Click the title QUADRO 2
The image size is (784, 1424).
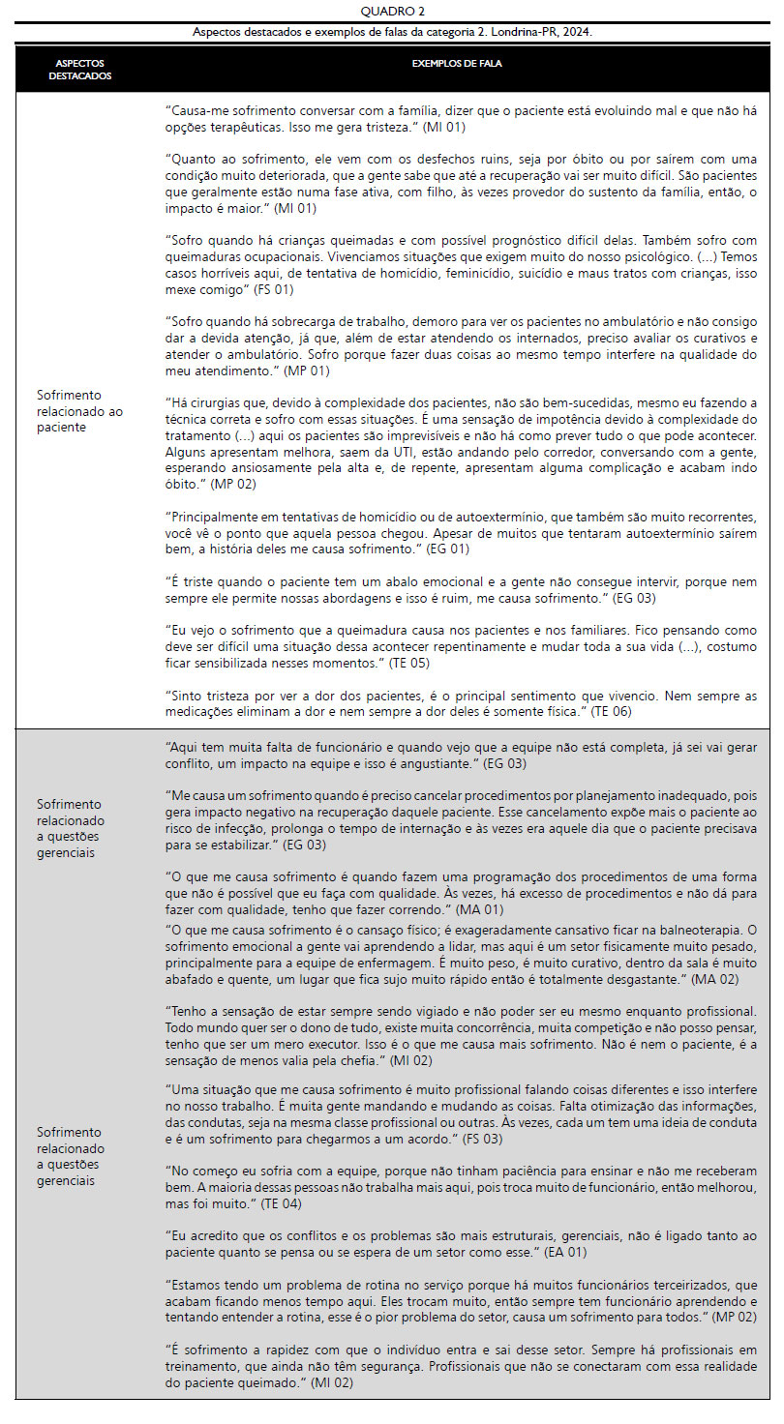pyautogui.click(x=392, y=12)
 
